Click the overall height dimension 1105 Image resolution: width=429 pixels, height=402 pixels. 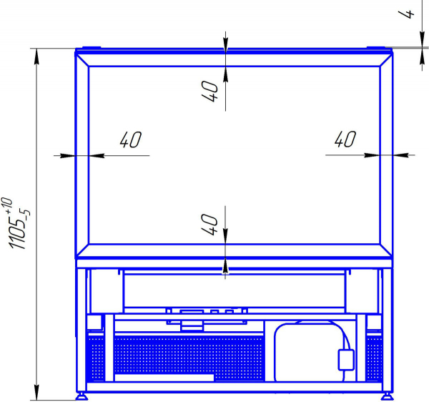click(17, 232)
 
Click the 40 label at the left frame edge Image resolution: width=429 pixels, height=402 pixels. click(131, 139)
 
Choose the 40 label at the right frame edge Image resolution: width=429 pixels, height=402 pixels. click(345, 139)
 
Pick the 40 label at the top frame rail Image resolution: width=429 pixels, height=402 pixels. click(209, 91)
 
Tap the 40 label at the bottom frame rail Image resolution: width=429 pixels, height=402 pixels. click(209, 225)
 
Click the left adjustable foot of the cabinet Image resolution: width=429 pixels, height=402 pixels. click(82, 396)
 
